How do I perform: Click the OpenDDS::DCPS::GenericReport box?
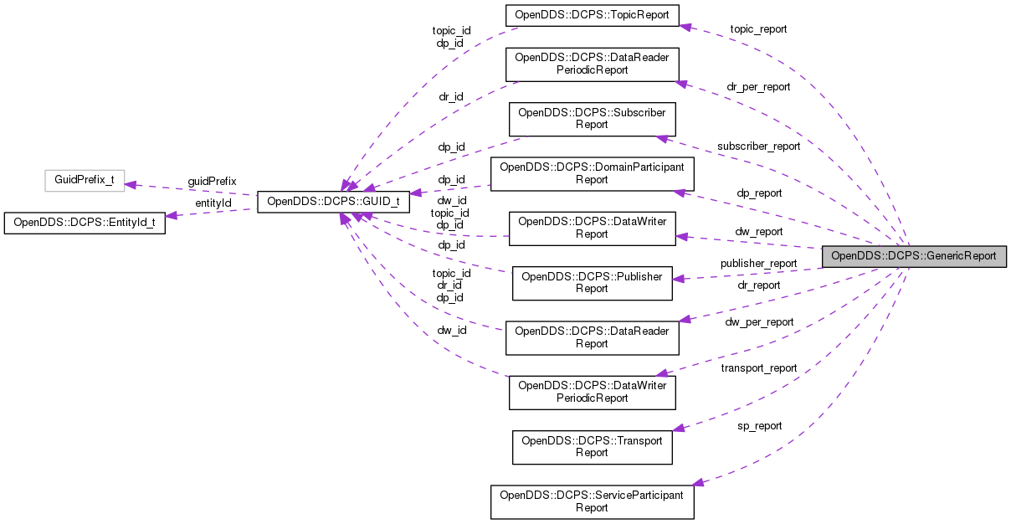(x=913, y=256)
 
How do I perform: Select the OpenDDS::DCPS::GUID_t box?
(x=333, y=202)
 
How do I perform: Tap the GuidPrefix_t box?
(x=84, y=180)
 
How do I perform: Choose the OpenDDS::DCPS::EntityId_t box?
(x=85, y=223)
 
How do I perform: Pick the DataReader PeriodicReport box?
(x=592, y=64)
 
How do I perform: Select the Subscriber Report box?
(x=592, y=118)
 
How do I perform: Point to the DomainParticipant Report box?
(x=592, y=173)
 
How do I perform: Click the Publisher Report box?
(x=592, y=282)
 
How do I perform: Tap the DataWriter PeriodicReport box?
(x=592, y=392)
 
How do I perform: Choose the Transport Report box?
(x=592, y=446)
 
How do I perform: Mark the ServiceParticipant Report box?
(x=592, y=501)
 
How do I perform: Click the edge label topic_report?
(x=758, y=28)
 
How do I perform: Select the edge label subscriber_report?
(x=758, y=146)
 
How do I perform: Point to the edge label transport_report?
(x=759, y=367)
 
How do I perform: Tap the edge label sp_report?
(x=759, y=426)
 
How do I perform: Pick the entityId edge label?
(x=213, y=203)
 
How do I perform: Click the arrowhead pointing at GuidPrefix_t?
(x=131, y=185)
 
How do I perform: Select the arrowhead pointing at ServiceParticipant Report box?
(x=700, y=482)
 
